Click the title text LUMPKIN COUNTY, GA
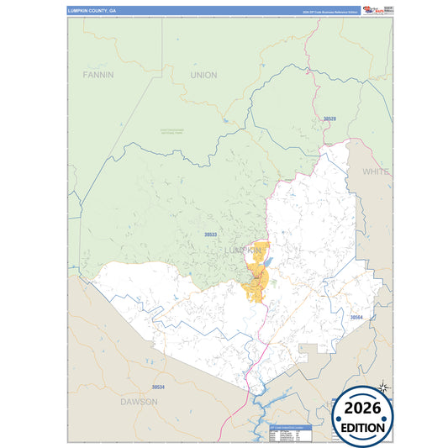[92, 11]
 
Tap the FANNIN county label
[98, 75]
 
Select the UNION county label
[203, 75]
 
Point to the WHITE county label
[375, 171]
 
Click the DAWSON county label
[140, 402]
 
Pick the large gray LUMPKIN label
[244, 250]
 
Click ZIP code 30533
[211, 235]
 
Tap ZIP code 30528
[329, 119]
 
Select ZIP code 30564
[356, 318]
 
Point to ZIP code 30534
[158, 387]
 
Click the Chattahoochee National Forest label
[176, 130]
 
